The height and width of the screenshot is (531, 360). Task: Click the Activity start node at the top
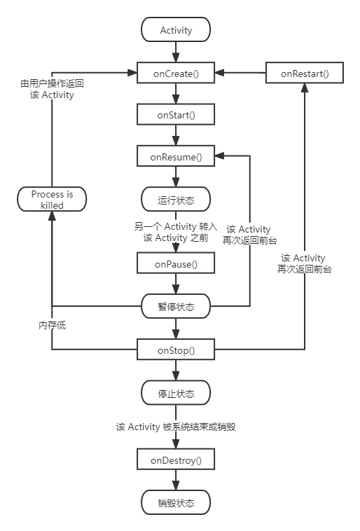(176, 30)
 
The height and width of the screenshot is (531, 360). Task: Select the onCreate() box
(176, 72)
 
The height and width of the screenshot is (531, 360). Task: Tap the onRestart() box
(304, 72)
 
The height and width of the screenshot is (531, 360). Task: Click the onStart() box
(176, 114)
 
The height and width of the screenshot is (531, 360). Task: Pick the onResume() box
(176, 156)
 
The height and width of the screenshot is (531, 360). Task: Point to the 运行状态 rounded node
(176, 200)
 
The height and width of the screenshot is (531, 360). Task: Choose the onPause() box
(176, 263)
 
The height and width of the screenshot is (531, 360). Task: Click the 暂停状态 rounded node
(176, 306)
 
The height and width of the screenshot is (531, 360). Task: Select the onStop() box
(176, 349)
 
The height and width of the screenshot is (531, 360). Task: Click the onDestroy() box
(176, 460)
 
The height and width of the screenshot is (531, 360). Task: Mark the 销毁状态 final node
(176, 502)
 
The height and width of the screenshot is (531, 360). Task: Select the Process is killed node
(52, 200)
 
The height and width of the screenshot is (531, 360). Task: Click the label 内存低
(52, 325)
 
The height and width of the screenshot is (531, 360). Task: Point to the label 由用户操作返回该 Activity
(52, 88)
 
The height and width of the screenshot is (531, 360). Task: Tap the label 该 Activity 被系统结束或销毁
(176, 426)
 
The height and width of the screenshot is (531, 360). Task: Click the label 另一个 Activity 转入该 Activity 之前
(176, 232)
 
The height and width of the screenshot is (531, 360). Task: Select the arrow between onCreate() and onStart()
(176, 93)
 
